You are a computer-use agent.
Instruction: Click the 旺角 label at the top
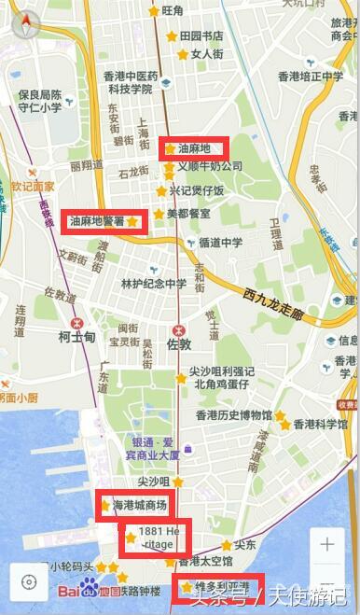173,11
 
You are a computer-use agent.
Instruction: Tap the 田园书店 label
201,35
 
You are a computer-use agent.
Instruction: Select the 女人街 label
206,54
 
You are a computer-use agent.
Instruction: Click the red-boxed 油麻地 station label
194,148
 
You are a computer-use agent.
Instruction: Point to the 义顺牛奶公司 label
210,166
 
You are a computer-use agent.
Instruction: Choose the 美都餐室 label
187,214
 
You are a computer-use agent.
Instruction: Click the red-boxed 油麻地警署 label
97,221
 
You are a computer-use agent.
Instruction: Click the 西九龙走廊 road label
273,306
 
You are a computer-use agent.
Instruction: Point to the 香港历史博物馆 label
233,414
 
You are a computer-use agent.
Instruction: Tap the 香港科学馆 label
320,424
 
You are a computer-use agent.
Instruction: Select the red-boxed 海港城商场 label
140,505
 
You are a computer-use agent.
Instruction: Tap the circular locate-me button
29,582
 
